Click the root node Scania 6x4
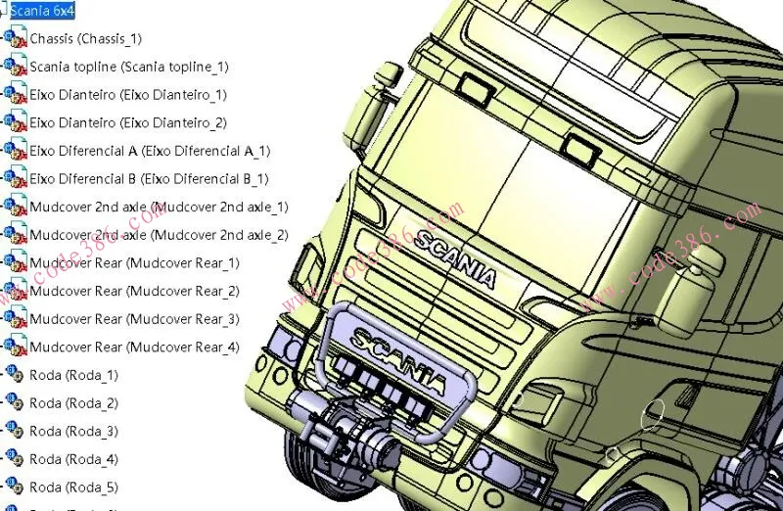41,11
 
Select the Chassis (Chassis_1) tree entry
85,39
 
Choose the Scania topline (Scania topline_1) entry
128,67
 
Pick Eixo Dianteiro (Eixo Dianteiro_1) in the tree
127,95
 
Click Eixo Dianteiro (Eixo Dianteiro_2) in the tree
127,122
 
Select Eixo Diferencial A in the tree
150,151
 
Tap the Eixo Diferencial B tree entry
149,179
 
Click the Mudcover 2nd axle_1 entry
159,207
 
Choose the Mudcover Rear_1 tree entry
134,262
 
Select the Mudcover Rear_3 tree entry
134,319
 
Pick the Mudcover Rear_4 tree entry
134,347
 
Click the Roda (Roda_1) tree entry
73,375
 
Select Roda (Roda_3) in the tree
73,431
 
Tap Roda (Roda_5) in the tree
73,487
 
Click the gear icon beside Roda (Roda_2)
15,402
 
